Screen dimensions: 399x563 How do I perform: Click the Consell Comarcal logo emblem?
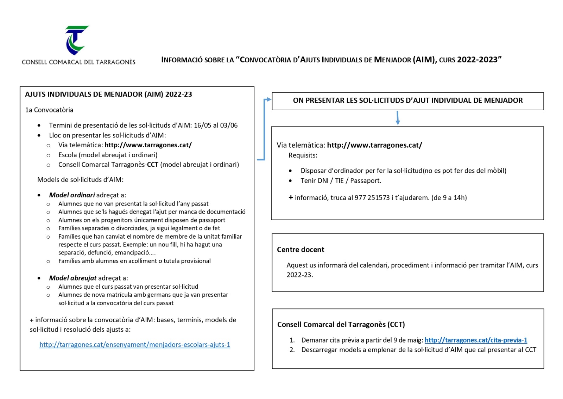(x=77, y=40)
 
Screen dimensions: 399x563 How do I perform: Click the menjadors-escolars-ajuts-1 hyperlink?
(x=135, y=345)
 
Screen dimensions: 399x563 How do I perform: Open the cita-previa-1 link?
(x=476, y=340)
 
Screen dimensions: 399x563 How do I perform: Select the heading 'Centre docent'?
(x=301, y=250)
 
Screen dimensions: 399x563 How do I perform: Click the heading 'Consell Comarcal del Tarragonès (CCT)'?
(x=341, y=324)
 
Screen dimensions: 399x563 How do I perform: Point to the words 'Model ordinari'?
(x=72, y=195)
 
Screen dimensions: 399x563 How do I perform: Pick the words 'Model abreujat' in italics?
(x=72, y=278)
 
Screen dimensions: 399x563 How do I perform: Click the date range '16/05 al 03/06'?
(x=216, y=125)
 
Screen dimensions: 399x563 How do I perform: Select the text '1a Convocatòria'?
(x=49, y=110)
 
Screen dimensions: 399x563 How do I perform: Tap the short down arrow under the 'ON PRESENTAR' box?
(x=398, y=118)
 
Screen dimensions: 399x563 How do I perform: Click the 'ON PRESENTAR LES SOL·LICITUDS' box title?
(x=407, y=100)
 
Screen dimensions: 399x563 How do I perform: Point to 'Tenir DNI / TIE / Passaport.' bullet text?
(x=341, y=181)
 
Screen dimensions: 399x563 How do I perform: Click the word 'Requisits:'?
(x=303, y=155)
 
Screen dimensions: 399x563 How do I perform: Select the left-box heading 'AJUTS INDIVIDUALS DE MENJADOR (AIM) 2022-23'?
(x=108, y=94)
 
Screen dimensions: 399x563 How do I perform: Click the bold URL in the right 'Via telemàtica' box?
(x=374, y=145)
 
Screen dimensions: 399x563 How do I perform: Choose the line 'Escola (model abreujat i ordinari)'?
(x=108, y=155)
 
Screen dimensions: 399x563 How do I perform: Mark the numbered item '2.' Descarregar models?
(x=418, y=350)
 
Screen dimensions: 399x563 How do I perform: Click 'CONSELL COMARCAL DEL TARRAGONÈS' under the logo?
(x=78, y=62)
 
